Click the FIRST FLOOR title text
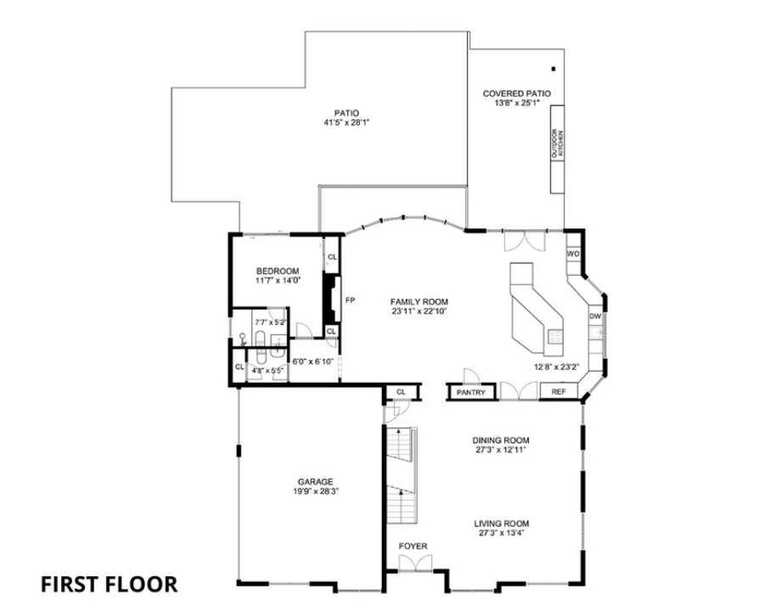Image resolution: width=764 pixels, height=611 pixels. pos(110,584)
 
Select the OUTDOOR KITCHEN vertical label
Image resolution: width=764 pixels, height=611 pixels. pos(558,144)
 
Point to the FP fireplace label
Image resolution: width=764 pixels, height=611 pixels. pos(349,300)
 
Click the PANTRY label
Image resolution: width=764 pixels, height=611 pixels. pos(471,393)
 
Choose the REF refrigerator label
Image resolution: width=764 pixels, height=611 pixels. pos(559,392)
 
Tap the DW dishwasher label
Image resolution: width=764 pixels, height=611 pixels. pos(594,317)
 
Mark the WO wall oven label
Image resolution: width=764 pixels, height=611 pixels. pos(573,254)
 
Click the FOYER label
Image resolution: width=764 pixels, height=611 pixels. pos(413,546)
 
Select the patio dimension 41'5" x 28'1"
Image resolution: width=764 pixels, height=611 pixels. pos(346,122)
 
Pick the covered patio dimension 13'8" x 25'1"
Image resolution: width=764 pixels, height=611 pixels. pos(516,104)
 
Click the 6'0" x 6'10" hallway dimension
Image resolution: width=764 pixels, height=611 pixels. pos(313,362)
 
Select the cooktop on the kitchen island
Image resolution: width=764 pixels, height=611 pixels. pos(553,335)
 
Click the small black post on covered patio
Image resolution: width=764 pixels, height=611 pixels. pos(553,69)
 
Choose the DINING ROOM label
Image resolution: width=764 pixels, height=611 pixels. pos(501,440)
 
